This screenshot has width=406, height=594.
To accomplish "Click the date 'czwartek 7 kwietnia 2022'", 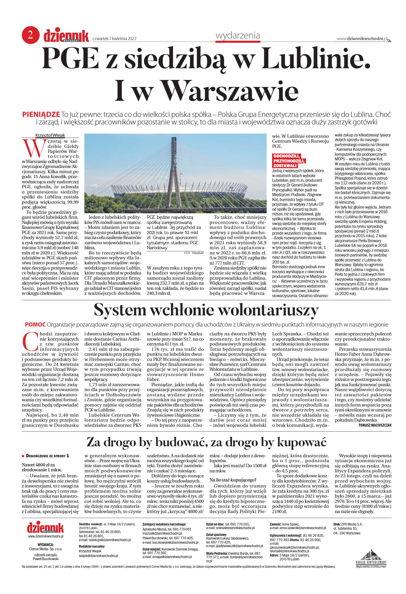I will [x=114, y=39].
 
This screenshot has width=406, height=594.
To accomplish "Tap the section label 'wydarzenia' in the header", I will [x=237, y=35].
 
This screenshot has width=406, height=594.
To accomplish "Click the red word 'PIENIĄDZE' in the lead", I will [x=41, y=114].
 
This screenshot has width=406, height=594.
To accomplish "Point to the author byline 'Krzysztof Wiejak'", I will [x=50, y=135].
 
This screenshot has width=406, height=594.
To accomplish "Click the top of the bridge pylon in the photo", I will [x=174, y=139].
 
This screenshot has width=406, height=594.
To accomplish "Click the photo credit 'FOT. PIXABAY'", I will [x=194, y=253].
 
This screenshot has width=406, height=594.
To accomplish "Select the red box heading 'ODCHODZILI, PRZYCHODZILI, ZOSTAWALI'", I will [x=289, y=161].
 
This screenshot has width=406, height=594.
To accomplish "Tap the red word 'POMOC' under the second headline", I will [x=35, y=324].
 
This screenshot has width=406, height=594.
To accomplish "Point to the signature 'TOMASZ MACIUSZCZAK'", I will [x=375, y=425].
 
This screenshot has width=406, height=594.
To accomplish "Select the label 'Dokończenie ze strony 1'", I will [x=47, y=456].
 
